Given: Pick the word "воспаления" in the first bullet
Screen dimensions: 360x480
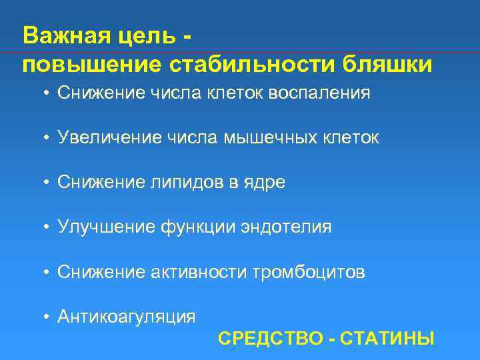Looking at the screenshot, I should (319, 93).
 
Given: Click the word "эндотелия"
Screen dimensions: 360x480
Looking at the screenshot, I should (292, 227).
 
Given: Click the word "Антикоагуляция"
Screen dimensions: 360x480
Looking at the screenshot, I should (127, 317).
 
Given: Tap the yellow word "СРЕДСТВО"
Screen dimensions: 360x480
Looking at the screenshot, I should (270, 338).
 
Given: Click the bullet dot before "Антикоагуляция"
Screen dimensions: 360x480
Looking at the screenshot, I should (48, 317).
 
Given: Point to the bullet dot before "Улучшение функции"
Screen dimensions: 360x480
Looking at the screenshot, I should (48, 227).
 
